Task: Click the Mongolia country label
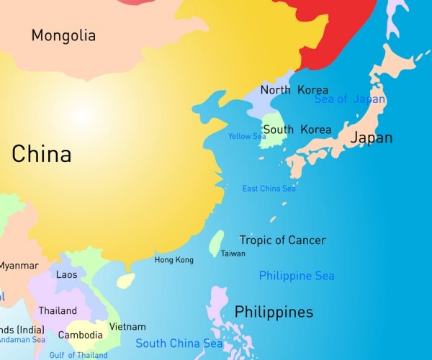click(x=63, y=35)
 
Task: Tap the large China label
click(x=41, y=154)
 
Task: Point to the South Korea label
click(x=297, y=130)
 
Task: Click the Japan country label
click(x=372, y=138)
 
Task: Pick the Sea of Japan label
click(x=350, y=99)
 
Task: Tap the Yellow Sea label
click(x=247, y=136)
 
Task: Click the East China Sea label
click(x=269, y=189)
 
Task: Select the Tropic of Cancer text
click(x=282, y=240)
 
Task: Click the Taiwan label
click(x=233, y=253)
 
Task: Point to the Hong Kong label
click(x=174, y=260)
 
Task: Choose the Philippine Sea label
click(x=297, y=276)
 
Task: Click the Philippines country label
click(x=274, y=312)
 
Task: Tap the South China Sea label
click(x=179, y=343)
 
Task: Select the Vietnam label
click(x=127, y=327)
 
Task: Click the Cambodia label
click(x=80, y=335)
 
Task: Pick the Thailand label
click(x=58, y=311)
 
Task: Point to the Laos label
click(x=66, y=274)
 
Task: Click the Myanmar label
click(x=19, y=266)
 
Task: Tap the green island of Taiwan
click(x=215, y=243)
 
